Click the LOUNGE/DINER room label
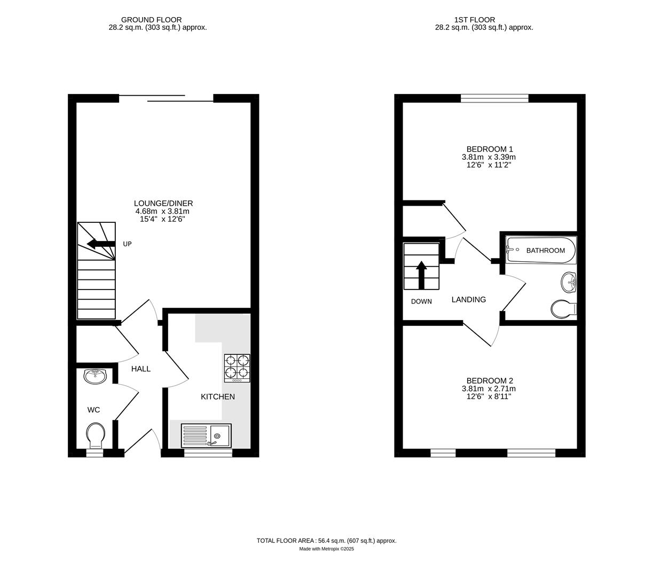pyautogui.click(x=163, y=204)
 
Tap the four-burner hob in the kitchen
pyautogui.click(x=237, y=368)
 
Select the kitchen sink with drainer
pyautogui.click(x=206, y=435)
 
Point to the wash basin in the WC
pyautogui.click(x=96, y=376)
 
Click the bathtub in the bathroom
pyautogui.click(x=541, y=250)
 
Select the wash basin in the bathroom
pyautogui.click(x=569, y=282)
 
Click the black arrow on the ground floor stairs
pyautogui.click(x=101, y=244)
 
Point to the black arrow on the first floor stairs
pyautogui.click(x=421, y=274)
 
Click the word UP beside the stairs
pyautogui.click(x=127, y=244)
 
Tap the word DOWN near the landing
pyautogui.click(x=421, y=302)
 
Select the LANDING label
pyautogui.click(x=469, y=300)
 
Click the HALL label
pyautogui.click(x=141, y=369)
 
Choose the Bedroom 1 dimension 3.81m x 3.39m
pyautogui.click(x=489, y=158)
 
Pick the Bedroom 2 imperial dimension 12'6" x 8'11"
pyautogui.click(x=489, y=397)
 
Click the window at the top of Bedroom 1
pyautogui.click(x=494, y=98)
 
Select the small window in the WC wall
pyautogui.click(x=95, y=453)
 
